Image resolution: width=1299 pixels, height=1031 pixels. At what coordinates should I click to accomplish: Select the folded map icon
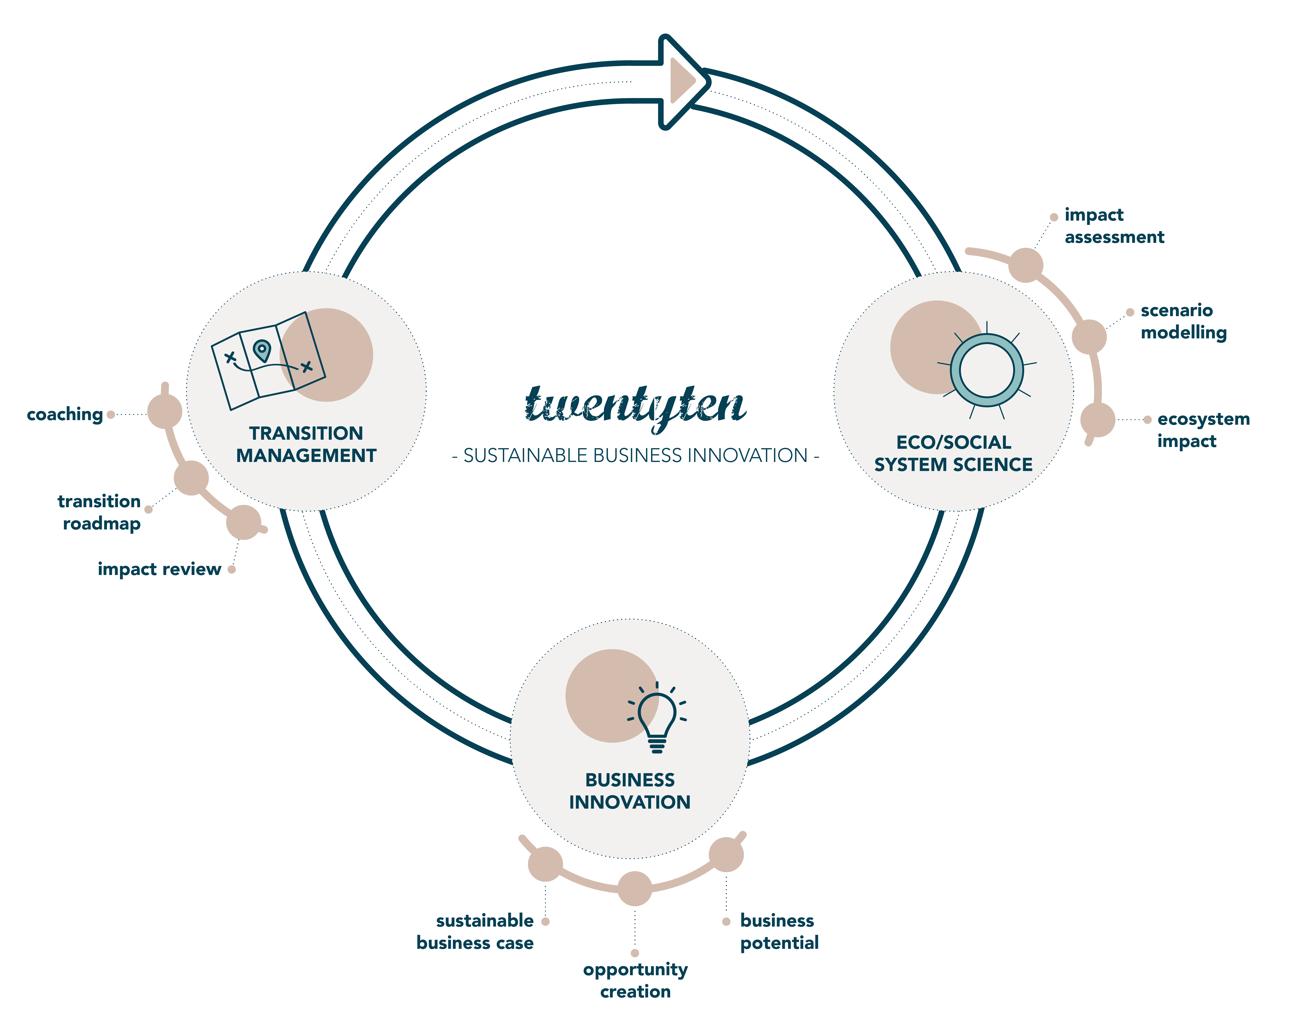click(x=268, y=360)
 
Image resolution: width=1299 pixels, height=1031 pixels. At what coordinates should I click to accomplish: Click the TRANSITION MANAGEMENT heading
click(x=306, y=444)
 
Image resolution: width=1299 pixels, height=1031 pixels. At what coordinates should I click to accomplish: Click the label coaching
click(x=65, y=414)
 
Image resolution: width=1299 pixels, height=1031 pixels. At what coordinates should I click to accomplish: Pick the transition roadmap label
click(x=99, y=512)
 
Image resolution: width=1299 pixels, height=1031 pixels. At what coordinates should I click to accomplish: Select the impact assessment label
click(x=1114, y=226)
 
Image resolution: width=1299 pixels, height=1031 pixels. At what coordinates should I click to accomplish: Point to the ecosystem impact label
click(x=1203, y=430)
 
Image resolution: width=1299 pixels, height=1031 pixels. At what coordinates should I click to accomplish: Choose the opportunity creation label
click(x=635, y=980)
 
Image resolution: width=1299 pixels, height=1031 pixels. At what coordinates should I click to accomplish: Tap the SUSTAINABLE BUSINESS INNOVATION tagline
click(x=636, y=455)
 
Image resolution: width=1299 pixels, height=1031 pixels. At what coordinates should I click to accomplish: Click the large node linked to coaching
click(x=164, y=411)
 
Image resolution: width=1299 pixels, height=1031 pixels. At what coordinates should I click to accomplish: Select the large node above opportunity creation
click(x=635, y=888)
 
